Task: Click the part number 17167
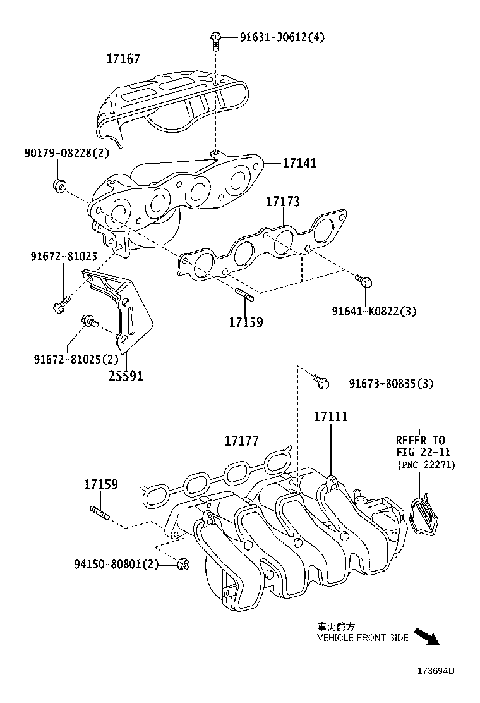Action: (x=123, y=59)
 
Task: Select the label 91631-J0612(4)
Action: (x=282, y=37)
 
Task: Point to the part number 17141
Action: (x=299, y=163)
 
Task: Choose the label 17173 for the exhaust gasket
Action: (x=282, y=202)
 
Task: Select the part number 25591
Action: (x=125, y=376)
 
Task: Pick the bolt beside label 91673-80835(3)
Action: (x=321, y=381)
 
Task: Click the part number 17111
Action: (x=331, y=417)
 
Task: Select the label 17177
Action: (x=241, y=441)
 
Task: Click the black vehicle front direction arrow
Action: (x=426, y=635)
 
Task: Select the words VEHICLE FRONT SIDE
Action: (x=363, y=638)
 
